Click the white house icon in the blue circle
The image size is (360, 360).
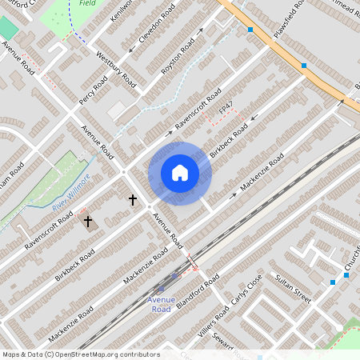(x=180, y=173)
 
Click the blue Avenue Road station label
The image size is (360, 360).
(x=161, y=304)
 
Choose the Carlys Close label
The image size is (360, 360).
(x=243, y=293)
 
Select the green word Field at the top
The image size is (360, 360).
(x=88, y=3)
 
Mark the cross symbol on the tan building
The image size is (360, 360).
(x=87, y=219)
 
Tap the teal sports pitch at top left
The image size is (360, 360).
(x=7, y=28)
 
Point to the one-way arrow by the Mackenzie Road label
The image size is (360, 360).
(x=234, y=194)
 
